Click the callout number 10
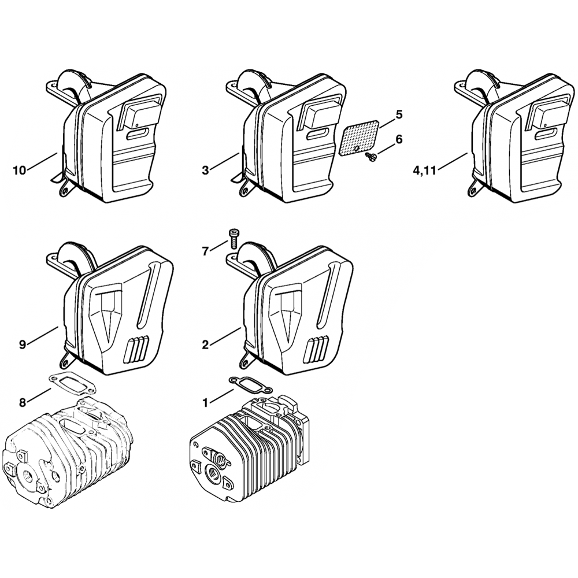(x=20, y=171)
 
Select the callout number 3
(x=205, y=171)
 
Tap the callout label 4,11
(x=424, y=171)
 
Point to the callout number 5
(x=399, y=114)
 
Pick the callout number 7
(x=205, y=252)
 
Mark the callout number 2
(x=205, y=345)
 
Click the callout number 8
(x=23, y=403)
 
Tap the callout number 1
(x=205, y=403)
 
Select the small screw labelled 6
(x=370, y=157)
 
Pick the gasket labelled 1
(x=251, y=385)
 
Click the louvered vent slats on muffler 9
(x=137, y=349)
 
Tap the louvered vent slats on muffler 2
(x=317, y=349)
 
